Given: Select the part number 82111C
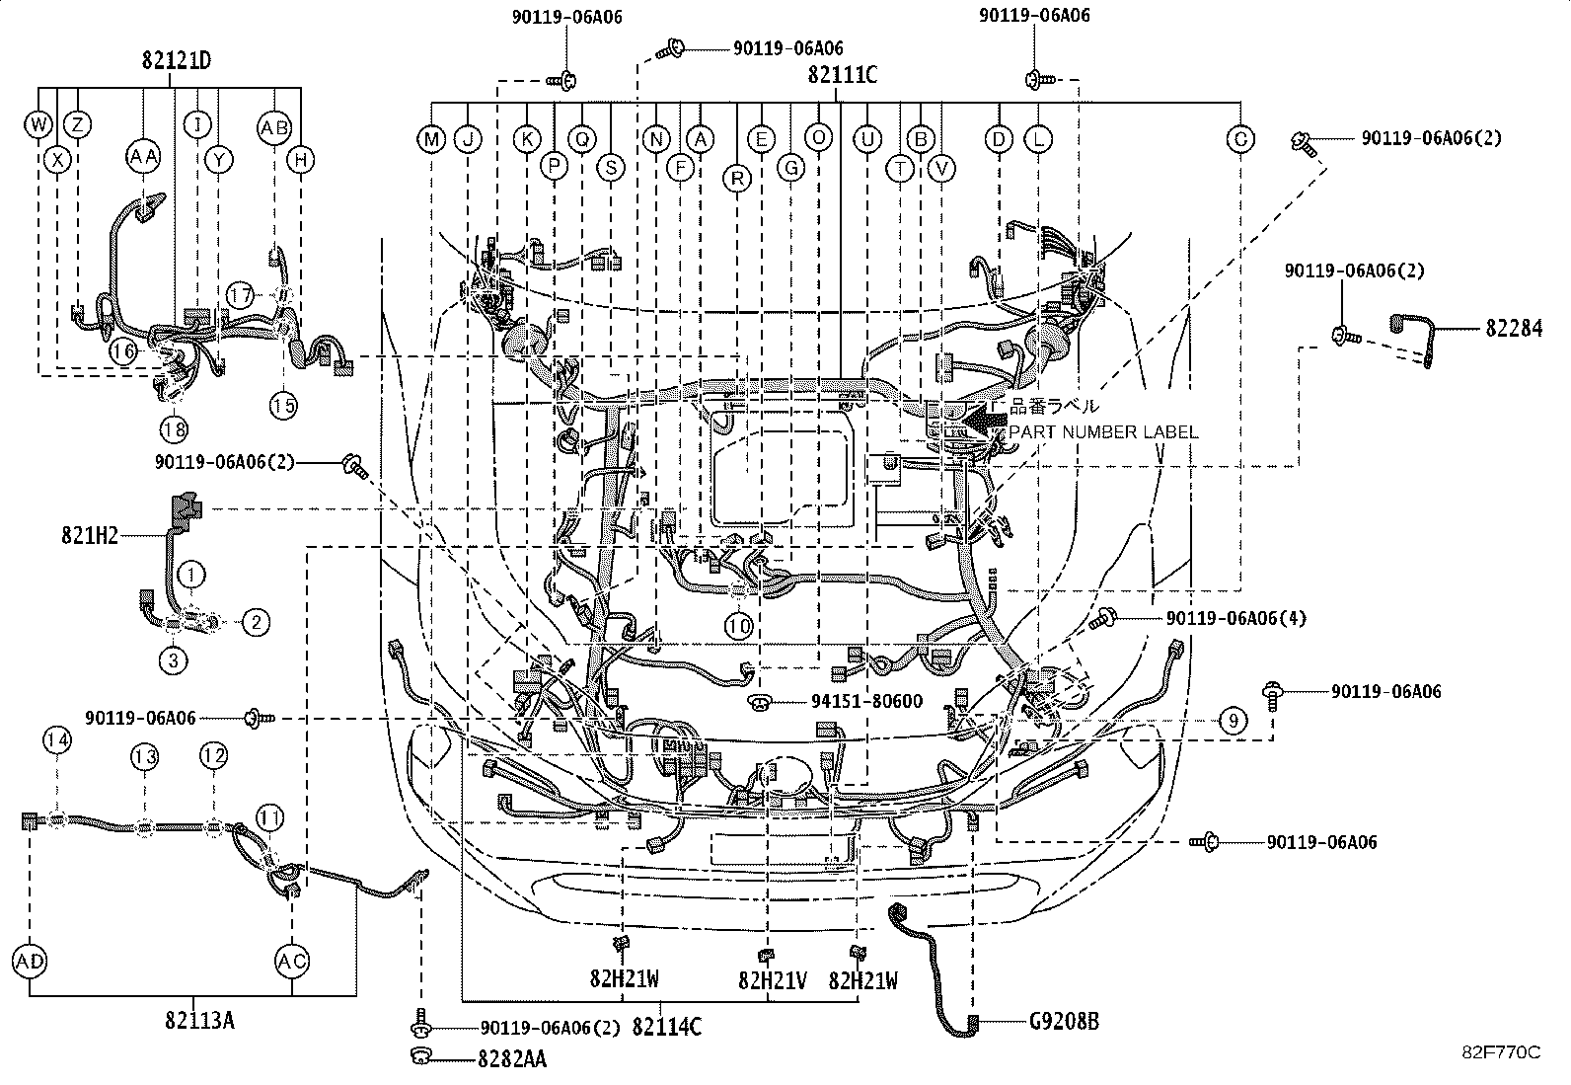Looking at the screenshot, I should [842, 74].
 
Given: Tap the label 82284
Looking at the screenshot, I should [1513, 329].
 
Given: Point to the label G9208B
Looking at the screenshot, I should [1064, 1022].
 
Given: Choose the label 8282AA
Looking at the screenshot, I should [511, 1059].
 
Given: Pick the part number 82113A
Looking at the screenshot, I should [200, 1021].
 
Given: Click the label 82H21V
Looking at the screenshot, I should [773, 980].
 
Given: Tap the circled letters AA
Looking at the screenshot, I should [144, 157].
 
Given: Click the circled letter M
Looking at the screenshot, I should [431, 139].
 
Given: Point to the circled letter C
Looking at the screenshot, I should [1240, 139].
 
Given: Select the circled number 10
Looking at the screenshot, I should [739, 625].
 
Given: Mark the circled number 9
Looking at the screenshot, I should [1233, 721].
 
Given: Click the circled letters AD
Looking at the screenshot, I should [31, 960].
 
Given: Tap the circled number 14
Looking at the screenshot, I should [58, 741].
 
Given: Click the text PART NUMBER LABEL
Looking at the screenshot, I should [1103, 432].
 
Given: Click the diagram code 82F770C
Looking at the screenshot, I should [1501, 1052].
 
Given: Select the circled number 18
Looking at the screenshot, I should [175, 428].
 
